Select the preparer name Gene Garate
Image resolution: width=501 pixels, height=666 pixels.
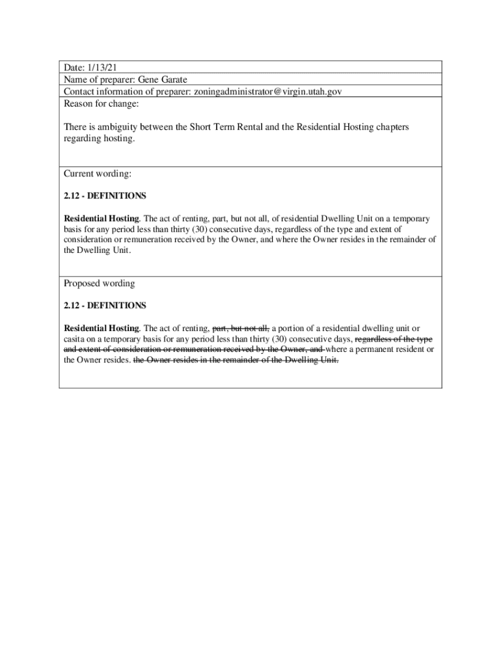pos(162,79)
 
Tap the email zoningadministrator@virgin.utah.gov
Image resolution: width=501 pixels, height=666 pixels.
pos(266,92)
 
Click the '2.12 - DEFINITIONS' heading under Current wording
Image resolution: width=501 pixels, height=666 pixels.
pos(105,196)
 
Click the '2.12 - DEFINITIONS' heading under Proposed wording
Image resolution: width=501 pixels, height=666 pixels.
pos(105,305)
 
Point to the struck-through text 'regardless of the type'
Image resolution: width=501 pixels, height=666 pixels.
pos(394,339)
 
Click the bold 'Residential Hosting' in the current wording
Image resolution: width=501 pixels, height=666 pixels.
pos(101,219)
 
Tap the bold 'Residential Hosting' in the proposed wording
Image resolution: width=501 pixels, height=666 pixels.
pos(101,328)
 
